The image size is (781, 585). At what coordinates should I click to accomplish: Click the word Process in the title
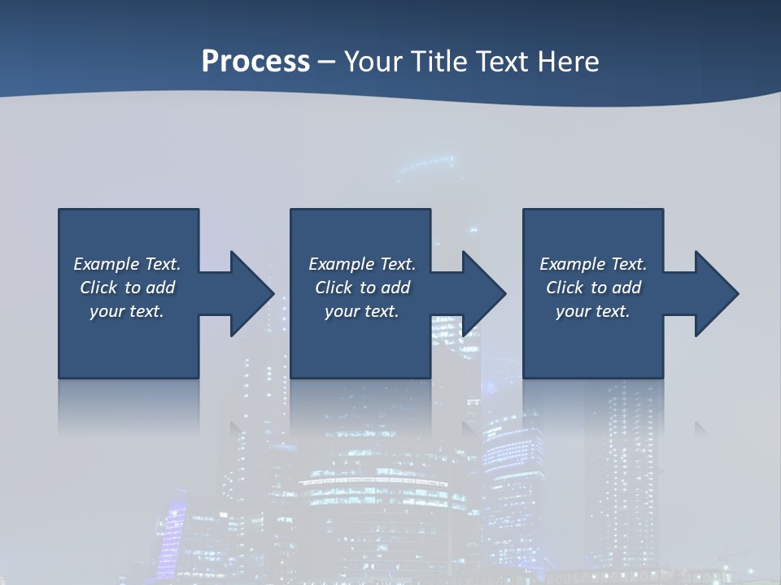[x=255, y=61]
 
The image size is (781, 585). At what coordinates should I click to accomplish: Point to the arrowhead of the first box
[x=252, y=293]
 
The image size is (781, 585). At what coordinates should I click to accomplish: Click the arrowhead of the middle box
[x=484, y=293]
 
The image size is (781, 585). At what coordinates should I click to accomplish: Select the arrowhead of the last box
[x=717, y=293]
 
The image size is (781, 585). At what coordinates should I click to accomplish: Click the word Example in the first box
[x=107, y=264]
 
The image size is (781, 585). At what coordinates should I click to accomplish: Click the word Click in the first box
[x=98, y=288]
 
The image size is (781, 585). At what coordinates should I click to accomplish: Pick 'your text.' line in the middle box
[x=361, y=311]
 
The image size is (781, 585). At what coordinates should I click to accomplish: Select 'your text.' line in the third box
[x=592, y=311]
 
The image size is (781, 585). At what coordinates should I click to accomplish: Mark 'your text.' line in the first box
[x=127, y=311]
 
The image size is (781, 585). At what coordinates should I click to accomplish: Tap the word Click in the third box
[x=565, y=288]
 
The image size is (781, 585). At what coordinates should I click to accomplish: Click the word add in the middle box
[x=395, y=288]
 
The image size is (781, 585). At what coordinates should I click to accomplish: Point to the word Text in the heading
[x=502, y=61]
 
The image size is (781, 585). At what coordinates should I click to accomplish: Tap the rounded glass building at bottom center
[x=382, y=504]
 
